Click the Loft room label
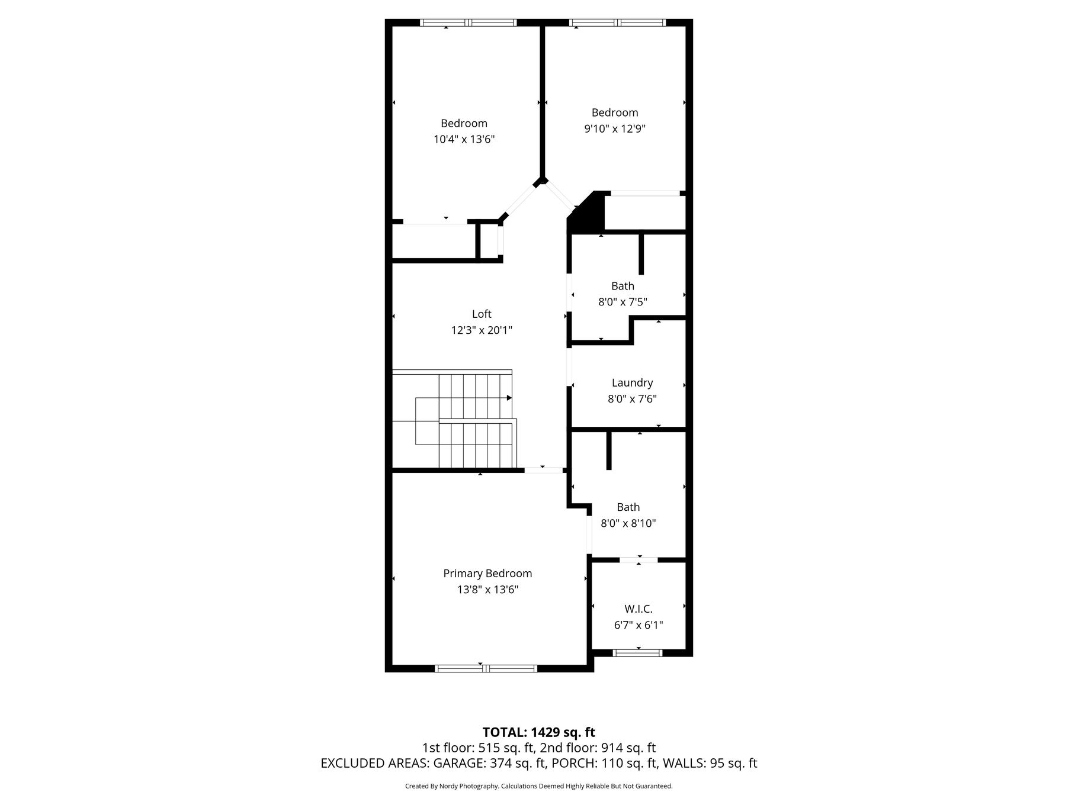(482, 314)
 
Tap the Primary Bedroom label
(487, 574)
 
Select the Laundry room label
(632, 383)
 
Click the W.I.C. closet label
(639, 609)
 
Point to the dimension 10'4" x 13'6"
(464, 140)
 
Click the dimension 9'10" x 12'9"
(615, 129)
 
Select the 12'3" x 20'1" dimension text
(482, 330)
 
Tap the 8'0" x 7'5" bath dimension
(623, 302)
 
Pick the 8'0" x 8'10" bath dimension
(628, 523)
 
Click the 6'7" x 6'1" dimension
(639, 625)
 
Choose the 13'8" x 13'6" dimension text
(487, 590)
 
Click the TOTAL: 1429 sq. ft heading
(538, 733)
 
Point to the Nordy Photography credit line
(538, 787)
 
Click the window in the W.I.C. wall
(637, 653)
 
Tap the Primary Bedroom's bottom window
(486, 668)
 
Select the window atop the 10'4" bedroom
(468, 22)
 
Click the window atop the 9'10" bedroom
(618, 22)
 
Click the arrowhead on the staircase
(509, 398)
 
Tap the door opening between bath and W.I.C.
(639, 559)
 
